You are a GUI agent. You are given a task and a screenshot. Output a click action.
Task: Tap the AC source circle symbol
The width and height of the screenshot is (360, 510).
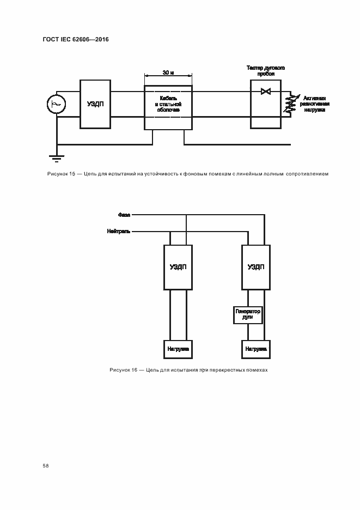(57, 104)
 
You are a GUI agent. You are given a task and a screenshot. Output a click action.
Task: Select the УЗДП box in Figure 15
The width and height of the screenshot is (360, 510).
(95, 104)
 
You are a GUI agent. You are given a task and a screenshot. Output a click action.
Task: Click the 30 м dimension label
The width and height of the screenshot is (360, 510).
(168, 72)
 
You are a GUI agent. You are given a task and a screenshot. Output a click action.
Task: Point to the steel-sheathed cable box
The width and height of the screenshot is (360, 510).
(168, 107)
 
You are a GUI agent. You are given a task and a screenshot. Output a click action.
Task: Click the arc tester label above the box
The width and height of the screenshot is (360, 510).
(265, 71)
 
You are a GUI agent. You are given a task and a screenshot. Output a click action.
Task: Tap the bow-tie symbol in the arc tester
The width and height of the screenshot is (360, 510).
(266, 91)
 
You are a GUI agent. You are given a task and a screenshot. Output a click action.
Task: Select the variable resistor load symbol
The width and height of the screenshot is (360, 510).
(291, 104)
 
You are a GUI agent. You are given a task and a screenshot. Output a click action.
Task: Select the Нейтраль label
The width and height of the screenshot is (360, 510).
(119, 232)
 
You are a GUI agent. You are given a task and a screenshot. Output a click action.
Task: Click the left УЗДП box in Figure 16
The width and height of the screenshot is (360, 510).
(178, 267)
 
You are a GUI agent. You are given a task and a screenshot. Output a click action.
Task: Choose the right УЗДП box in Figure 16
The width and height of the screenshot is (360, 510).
(255, 267)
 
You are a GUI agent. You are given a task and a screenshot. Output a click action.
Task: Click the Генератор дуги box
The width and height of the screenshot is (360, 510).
(248, 314)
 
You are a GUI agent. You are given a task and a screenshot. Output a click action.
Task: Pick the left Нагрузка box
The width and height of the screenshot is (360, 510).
(178, 349)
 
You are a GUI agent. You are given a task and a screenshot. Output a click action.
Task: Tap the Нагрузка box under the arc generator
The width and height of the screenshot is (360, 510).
(255, 349)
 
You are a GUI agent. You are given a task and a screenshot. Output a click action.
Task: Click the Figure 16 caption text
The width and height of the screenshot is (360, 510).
(188, 371)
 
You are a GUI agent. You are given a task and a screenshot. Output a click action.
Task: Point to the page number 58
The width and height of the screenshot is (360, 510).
(46, 466)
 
